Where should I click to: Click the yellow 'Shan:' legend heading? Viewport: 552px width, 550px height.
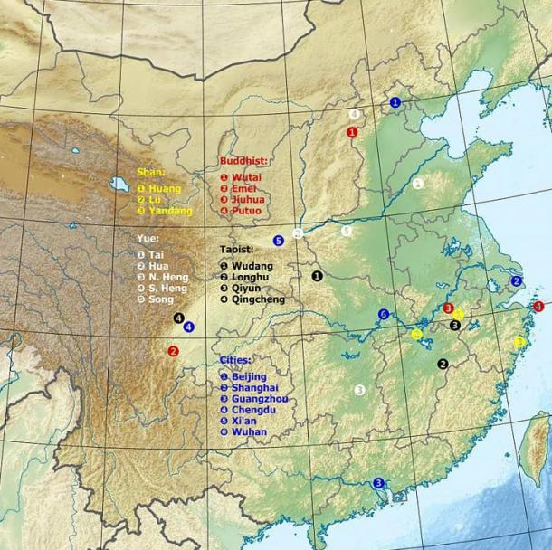coord(149,171)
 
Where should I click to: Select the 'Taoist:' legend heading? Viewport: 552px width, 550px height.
coord(237,248)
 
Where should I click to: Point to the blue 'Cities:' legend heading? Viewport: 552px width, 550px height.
coord(235,359)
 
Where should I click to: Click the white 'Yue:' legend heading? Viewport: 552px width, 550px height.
coord(147,238)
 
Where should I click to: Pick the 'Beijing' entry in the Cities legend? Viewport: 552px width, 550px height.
coord(249,376)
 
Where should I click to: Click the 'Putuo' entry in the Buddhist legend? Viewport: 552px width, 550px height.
coord(246,211)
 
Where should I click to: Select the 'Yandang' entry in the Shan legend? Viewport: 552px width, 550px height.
coord(170,211)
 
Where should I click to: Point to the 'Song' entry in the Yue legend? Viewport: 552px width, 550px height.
coord(160,299)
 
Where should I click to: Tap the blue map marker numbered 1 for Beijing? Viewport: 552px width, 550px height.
coord(395,102)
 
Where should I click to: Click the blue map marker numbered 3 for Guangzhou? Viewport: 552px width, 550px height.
coord(378,483)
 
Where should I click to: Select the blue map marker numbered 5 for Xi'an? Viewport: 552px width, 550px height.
coord(279,241)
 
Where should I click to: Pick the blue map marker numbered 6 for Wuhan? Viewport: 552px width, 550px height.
coord(384,315)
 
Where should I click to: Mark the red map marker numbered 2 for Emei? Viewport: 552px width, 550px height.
coord(173,351)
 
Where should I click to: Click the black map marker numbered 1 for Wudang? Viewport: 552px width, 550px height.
coord(318,275)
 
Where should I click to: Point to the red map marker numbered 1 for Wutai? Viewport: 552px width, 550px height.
coord(352,132)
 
